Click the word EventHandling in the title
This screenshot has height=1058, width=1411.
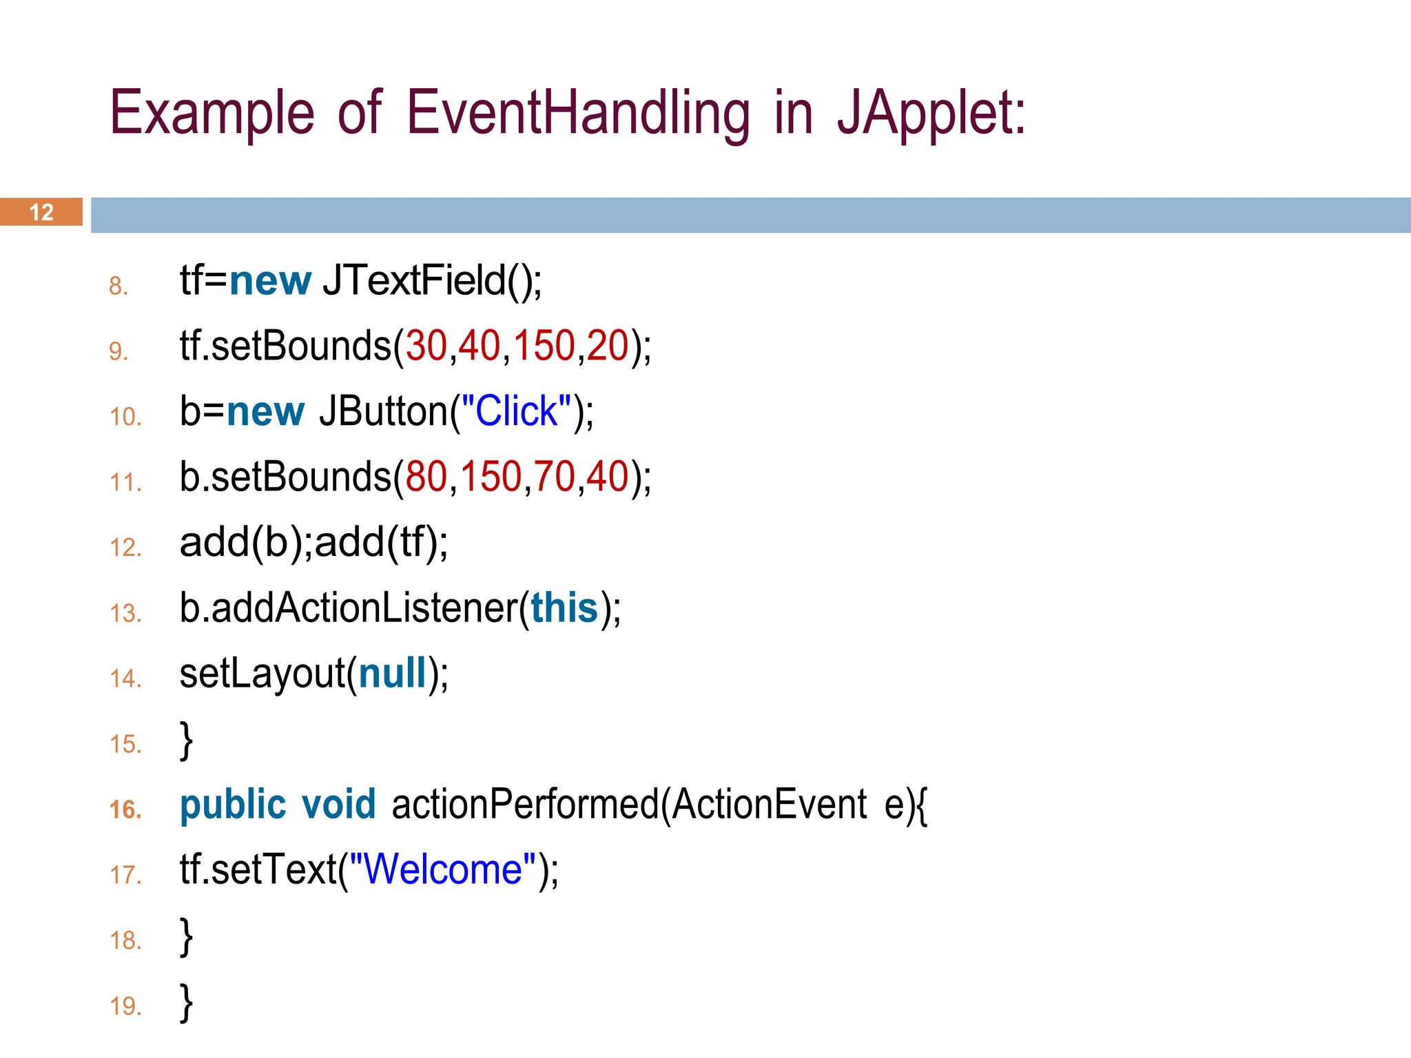577,114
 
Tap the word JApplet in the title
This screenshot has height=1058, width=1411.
931,114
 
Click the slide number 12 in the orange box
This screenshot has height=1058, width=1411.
41,212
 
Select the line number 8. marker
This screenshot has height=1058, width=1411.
119,286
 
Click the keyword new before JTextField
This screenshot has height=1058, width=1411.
270,281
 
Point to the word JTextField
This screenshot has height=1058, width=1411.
413,280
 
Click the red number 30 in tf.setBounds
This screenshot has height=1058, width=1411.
426,346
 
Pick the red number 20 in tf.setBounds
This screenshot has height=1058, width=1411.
608,346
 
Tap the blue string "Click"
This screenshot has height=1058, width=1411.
516,411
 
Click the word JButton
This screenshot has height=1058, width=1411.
383,411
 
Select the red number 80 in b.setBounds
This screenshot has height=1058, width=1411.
426,477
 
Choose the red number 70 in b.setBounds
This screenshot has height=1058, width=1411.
554,477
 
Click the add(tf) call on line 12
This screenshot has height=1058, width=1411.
381,542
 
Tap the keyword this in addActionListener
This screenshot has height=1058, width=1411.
564,608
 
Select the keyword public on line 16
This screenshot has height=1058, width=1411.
233,805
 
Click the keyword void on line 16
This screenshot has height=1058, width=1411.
339,805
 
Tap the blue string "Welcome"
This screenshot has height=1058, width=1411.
443,869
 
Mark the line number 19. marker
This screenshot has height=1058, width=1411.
125,1006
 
